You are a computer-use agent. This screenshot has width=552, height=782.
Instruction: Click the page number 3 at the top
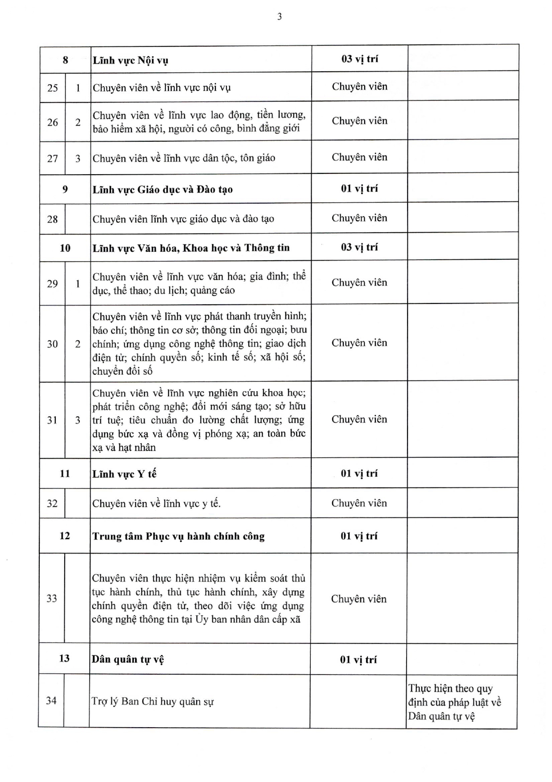tap(280, 17)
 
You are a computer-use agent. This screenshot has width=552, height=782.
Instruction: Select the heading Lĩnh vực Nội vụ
tap(130, 60)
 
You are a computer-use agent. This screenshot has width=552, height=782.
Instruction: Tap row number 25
tap(53, 87)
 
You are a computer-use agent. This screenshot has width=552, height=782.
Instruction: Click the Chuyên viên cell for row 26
tap(359, 121)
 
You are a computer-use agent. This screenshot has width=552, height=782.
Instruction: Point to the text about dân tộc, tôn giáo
tap(184, 158)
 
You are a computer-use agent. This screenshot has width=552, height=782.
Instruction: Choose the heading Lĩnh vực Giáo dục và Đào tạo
tap(162, 189)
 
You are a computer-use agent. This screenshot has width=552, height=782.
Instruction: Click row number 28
tap(53, 219)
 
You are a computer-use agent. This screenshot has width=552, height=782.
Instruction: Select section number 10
tap(65, 248)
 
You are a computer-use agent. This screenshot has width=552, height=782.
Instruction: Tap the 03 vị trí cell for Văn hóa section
tap(359, 247)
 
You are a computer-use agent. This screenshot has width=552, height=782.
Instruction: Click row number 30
tap(53, 344)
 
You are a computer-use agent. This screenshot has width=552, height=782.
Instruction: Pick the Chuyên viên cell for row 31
tap(359, 419)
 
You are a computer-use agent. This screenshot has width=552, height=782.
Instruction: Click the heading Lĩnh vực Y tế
tap(124, 474)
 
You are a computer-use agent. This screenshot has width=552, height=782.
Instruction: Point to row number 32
tap(52, 504)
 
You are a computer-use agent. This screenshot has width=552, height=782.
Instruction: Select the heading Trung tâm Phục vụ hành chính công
tap(178, 536)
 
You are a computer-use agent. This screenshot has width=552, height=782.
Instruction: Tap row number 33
tap(52, 598)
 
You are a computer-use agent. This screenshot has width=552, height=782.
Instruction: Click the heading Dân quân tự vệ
tap(128, 659)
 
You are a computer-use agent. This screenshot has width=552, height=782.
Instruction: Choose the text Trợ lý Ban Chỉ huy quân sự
tap(152, 702)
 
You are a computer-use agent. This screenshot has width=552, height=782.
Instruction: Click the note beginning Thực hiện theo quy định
tap(454, 702)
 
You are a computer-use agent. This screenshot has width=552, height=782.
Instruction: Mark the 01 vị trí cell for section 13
tap(358, 659)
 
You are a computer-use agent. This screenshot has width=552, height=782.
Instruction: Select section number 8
tap(65, 60)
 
